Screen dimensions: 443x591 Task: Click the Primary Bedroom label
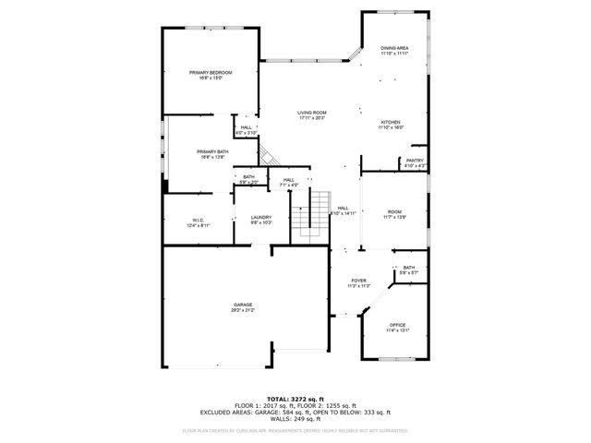point(211,72)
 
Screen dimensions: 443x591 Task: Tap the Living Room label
point(312,113)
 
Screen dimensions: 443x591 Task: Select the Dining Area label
point(395,48)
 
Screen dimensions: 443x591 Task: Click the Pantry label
point(416,161)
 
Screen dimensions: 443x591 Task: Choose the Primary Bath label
point(211,151)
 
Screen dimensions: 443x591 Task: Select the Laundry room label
point(261,218)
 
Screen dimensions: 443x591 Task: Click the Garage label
point(244,305)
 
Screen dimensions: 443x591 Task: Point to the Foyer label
point(358,281)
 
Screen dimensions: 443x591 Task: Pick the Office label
point(398,324)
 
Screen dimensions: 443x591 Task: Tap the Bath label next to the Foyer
point(409,268)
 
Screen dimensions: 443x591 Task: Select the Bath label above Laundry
point(248,176)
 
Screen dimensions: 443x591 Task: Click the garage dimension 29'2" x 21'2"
point(244,311)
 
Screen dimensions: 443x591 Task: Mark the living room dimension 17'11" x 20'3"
point(312,118)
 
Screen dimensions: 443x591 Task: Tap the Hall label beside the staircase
point(343,209)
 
